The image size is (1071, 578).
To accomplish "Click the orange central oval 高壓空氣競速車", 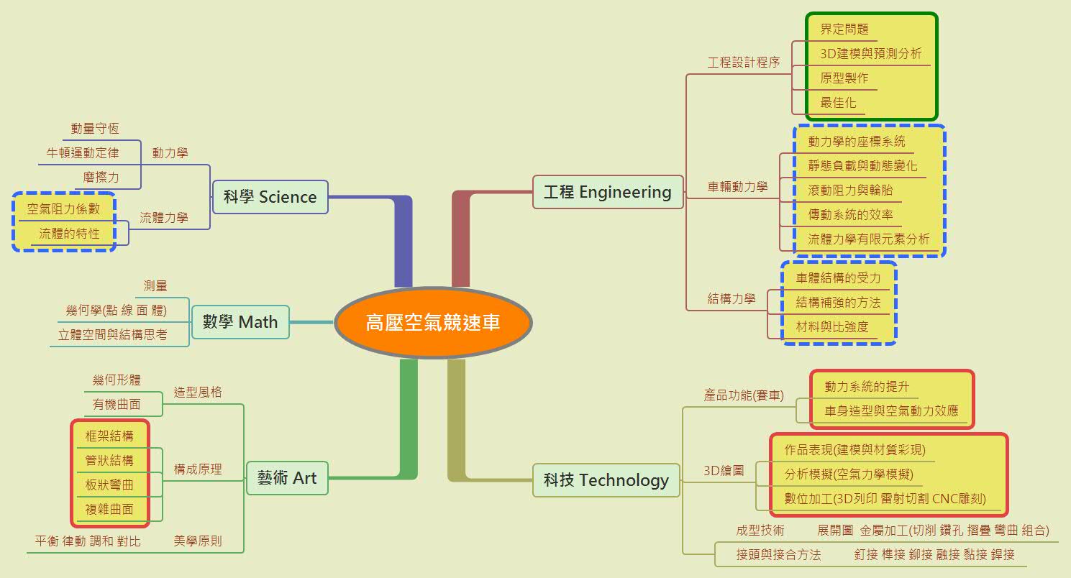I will [432, 323].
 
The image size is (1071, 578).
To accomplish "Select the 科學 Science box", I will [270, 197].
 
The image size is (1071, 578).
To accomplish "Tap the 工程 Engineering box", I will [608, 192].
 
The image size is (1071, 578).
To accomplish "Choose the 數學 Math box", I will [240, 321].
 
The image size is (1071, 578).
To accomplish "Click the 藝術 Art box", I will [287, 478].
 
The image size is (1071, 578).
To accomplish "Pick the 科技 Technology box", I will [606, 480].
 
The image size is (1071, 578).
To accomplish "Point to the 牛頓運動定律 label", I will [83, 152].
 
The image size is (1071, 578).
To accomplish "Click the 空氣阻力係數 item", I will [63, 209].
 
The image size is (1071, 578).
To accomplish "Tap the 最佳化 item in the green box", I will [838, 102].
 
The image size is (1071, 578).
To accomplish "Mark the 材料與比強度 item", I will [831, 326].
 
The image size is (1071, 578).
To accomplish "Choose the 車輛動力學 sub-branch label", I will [737, 187].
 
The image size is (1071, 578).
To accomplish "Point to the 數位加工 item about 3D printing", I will [885, 498].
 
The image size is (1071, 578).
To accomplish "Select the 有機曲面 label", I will [117, 404].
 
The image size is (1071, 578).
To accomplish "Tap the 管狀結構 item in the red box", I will [109, 460].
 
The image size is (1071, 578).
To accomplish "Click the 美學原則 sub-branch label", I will [198, 541].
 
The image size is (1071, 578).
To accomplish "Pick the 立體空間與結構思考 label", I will [112, 334].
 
